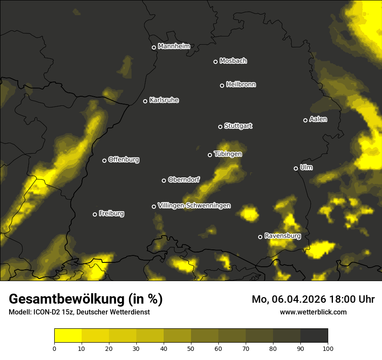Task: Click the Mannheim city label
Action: pyautogui.click(x=174, y=46)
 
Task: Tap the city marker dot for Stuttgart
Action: pyautogui.click(x=220, y=127)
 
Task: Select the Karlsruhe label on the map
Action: pyautogui.click(x=164, y=100)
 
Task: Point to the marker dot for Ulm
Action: pyautogui.click(x=296, y=168)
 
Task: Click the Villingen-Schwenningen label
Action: pyautogui.click(x=194, y=206)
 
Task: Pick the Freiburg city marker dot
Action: pyautogui.click(x=95, y=214)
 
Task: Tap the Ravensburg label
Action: pyautogui.click(x=283, y=236)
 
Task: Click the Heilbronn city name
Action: pyautogui.click(x=241, y=85)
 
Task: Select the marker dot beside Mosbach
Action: pyautogui.click(x=215, y=62)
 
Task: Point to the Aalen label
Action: pyautogui.click(x=318, y=119)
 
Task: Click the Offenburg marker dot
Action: pyautogui.click(x=104, y=160)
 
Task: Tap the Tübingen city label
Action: pyautogui.click(x=228, y=154)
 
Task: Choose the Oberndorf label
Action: pyautogui.click(x=184, y=180)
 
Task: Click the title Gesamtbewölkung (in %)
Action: pyautogui.click(x=86, y=299)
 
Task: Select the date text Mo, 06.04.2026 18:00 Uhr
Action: pyautogui.click(x=313, y=299)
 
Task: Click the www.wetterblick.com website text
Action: pyautogui.click(x=313, y=312)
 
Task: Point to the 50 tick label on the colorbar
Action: pyautogui.click(x=191, y=348)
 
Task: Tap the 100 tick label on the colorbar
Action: pyautogui.click(x=328, y=348)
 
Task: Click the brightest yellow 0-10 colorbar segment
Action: pyautogui.click(x=68, y=336)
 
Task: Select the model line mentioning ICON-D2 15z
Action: pyautogui.click(x=79, y=312)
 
